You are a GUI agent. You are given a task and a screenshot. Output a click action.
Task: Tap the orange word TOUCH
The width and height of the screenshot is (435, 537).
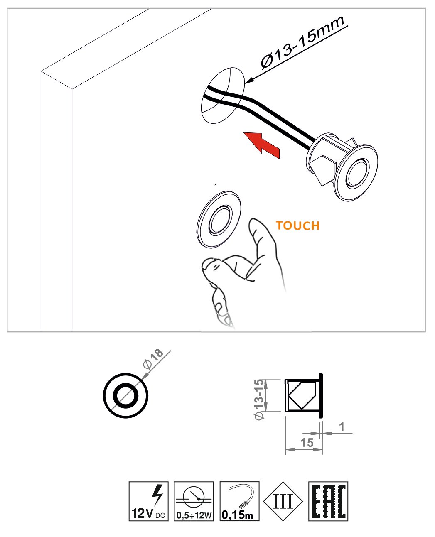[297, 226]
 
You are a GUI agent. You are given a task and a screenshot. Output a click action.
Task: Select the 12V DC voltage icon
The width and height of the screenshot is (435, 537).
[148, 501]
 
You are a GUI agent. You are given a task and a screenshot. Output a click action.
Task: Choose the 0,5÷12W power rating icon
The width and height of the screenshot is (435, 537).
[194, 501]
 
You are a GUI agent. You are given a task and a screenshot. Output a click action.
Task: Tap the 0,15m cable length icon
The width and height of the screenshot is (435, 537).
[239, 501]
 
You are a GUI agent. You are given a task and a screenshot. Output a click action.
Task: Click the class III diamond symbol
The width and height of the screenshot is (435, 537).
[283, 501]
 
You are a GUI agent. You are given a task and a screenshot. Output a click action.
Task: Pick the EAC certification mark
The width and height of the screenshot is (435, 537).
[328, 501]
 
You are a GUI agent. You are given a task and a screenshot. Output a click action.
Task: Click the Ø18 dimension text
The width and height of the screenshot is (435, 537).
[152, 359]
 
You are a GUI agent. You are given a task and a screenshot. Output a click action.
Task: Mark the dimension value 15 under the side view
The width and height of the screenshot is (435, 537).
[307, 443]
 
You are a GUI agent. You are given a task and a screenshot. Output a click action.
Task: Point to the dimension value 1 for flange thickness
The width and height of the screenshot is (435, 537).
[342, 427]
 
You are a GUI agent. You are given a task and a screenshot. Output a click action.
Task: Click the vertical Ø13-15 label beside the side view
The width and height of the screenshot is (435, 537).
[259, 399]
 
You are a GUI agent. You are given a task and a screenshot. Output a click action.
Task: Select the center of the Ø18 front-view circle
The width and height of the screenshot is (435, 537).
[125, 396]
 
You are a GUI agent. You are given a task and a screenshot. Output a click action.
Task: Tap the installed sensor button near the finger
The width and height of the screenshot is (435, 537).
[219, 220]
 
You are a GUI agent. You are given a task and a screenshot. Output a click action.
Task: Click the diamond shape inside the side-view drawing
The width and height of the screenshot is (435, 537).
[302, 395]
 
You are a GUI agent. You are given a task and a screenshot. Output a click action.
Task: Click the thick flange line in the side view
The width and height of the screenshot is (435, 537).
[321, 395]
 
